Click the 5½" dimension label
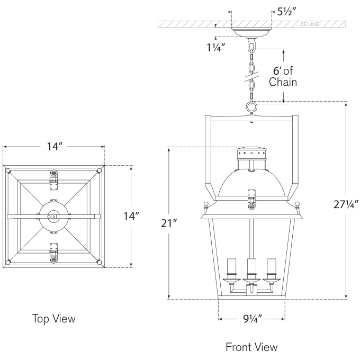click(x=288, y=12)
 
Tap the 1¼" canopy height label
click(x=216, y=47)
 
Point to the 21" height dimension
click(x=168, y=223)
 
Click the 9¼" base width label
click(x=252, y=319)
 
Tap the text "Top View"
click(x=54, y=319)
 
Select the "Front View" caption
click(x=251, y=347)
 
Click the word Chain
click(x=283, y=82)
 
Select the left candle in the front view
click(x=231, y=268)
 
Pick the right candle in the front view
click(x=272, y=268)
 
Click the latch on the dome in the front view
click(x=252, y=196)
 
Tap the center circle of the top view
click(x=53, y=216)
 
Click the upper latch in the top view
click(x=53, y=177)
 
